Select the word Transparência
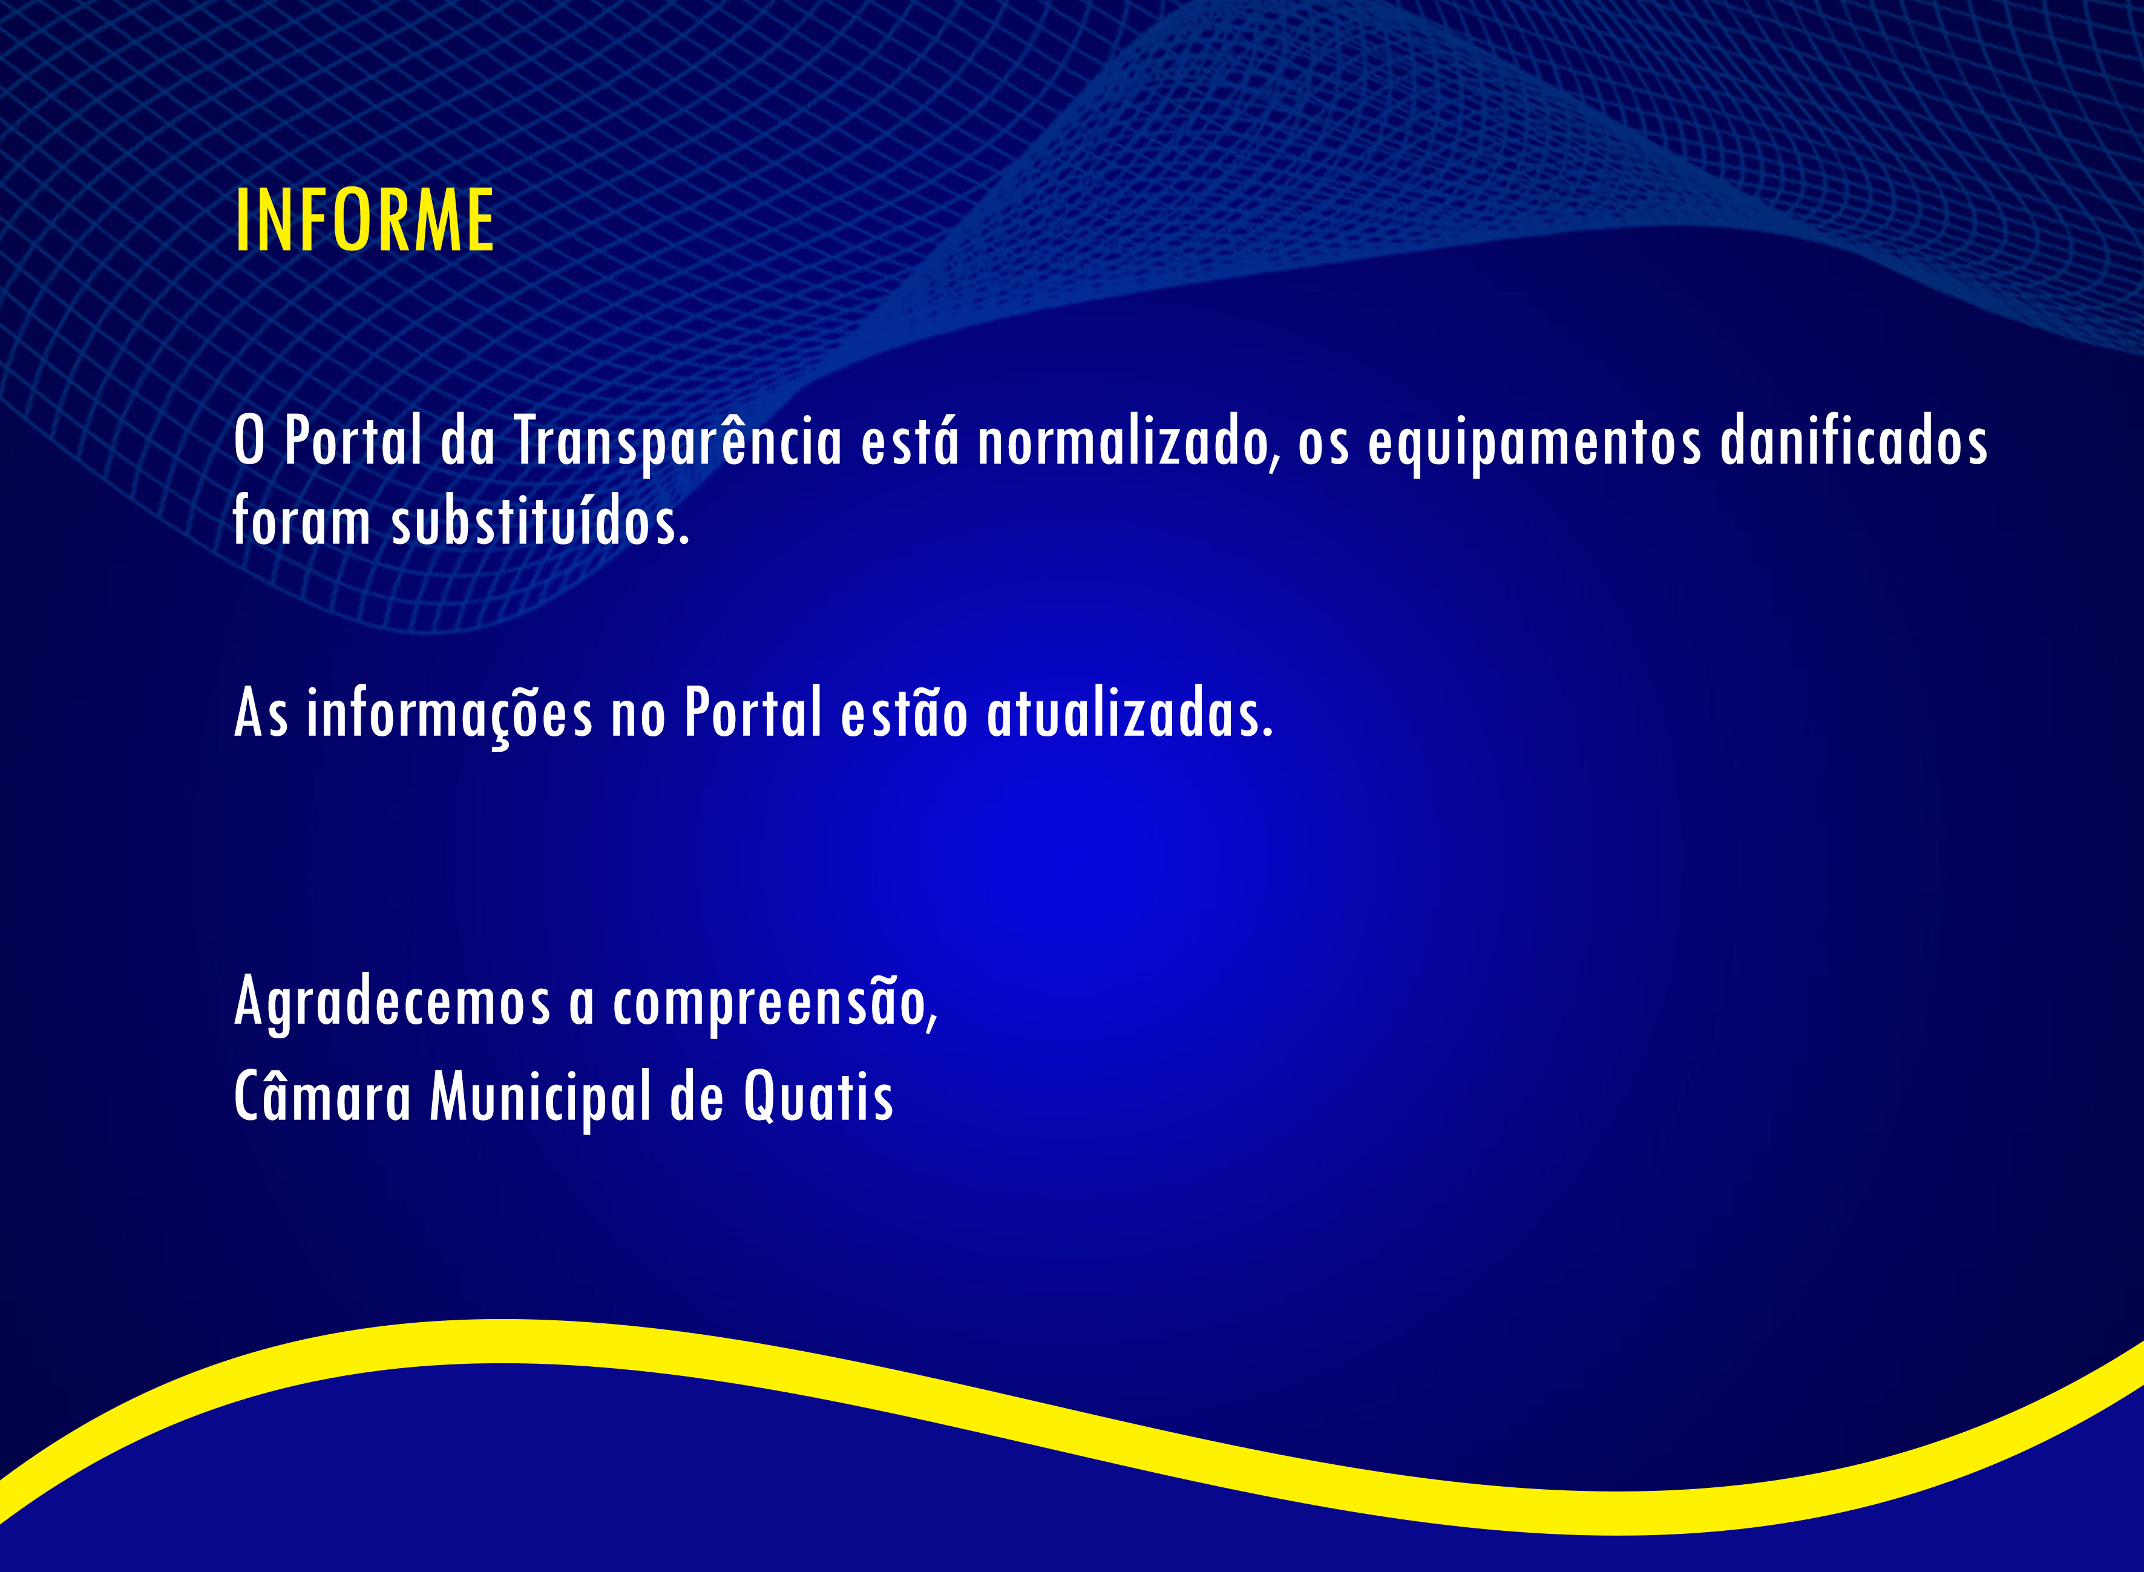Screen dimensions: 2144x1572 tap(678, 442)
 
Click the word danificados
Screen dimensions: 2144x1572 tap(1854, 442)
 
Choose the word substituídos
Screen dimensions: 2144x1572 tap(540, 522)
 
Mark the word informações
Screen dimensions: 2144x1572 tap(449, 713)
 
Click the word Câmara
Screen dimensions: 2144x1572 tap(323, 1096)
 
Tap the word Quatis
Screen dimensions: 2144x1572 tap(818, 1097)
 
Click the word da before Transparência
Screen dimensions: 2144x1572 tap(468, 442)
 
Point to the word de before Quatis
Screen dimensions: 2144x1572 tap(697, 1097)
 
